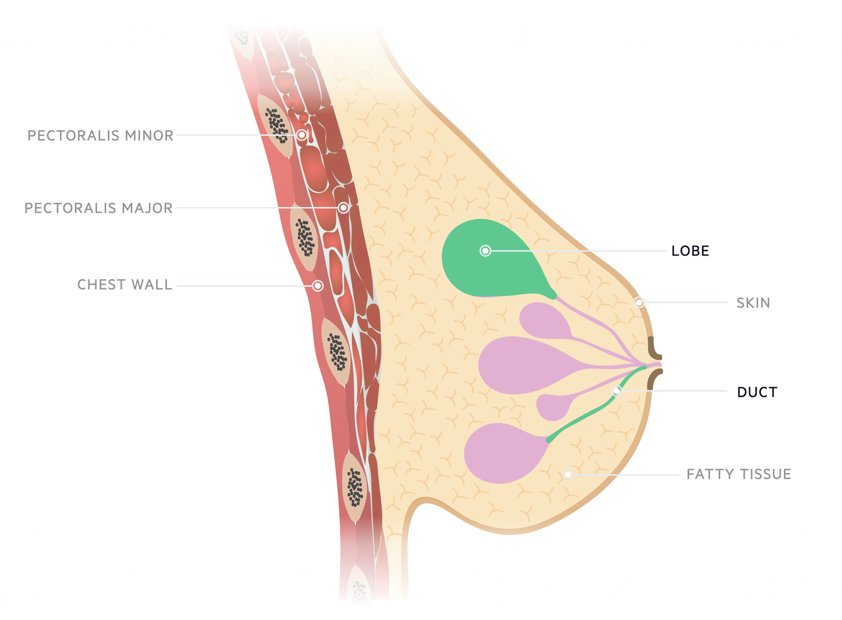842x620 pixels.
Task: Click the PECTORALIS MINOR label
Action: click(x=100, y=136)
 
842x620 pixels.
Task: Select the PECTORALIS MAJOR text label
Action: click(x=98, y=208)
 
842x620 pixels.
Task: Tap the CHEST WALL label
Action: click(x=124, y=285)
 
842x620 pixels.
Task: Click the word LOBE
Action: click(x=690, y=251)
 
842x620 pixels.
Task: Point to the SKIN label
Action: click(x=753, y=303)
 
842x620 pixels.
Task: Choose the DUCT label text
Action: click(x=757, y=392)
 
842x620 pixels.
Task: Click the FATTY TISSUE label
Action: click(x=738, y=474)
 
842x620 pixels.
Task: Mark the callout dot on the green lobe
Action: click(x=485, y=251)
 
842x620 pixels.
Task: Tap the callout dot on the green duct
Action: click(x=617, y=391)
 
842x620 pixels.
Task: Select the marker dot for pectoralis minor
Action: click(x=302, y=135)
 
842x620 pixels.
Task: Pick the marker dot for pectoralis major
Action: click(x=343, y=208)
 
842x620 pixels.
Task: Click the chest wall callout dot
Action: click(x=318, y=286)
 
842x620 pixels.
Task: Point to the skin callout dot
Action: click(x=639, y=303)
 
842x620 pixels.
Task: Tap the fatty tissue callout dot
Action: click(x=568, y=474)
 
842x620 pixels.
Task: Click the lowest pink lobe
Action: click(x=502, y=453)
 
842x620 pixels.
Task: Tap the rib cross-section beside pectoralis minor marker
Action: click(x=276, y=125)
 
